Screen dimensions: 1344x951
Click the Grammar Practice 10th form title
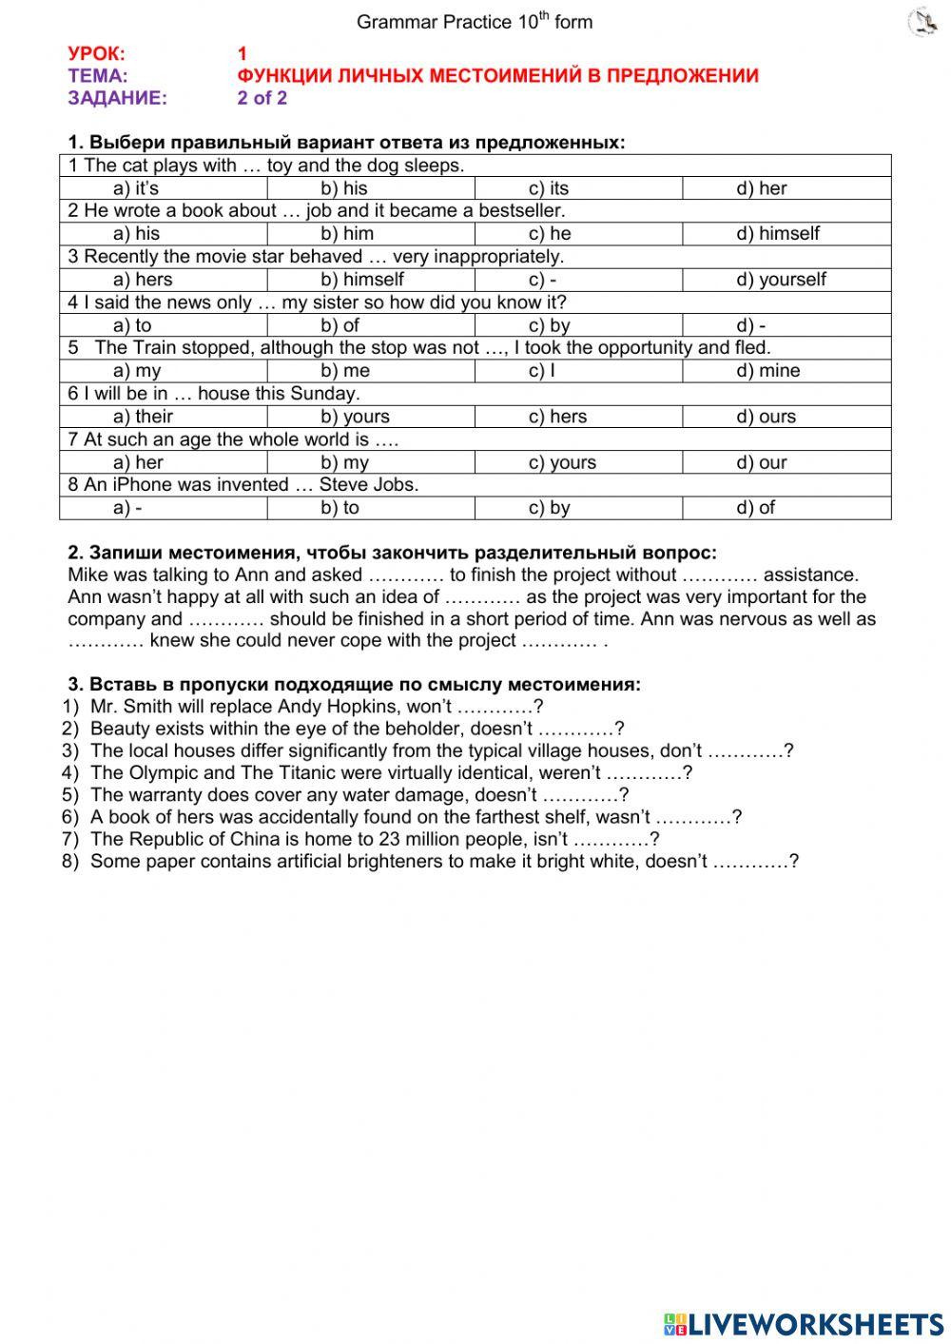point(474,22)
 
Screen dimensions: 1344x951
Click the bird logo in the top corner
point(922,22)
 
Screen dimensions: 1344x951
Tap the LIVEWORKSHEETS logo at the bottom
point(803,1323)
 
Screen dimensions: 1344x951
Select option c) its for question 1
point(549,188)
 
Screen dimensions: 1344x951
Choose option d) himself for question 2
point(777,234)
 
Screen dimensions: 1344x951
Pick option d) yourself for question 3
point(781,280)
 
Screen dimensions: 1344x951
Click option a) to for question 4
point(132,325)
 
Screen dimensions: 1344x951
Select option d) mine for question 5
point(767,371)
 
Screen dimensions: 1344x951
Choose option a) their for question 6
point(143,417)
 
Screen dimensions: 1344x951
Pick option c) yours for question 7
point(562,462)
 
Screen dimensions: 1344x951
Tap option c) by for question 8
point(549,508)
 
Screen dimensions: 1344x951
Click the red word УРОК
point(96,54)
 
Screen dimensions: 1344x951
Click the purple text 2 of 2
point(262,98)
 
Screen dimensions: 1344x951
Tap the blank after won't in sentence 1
point(495,708)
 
